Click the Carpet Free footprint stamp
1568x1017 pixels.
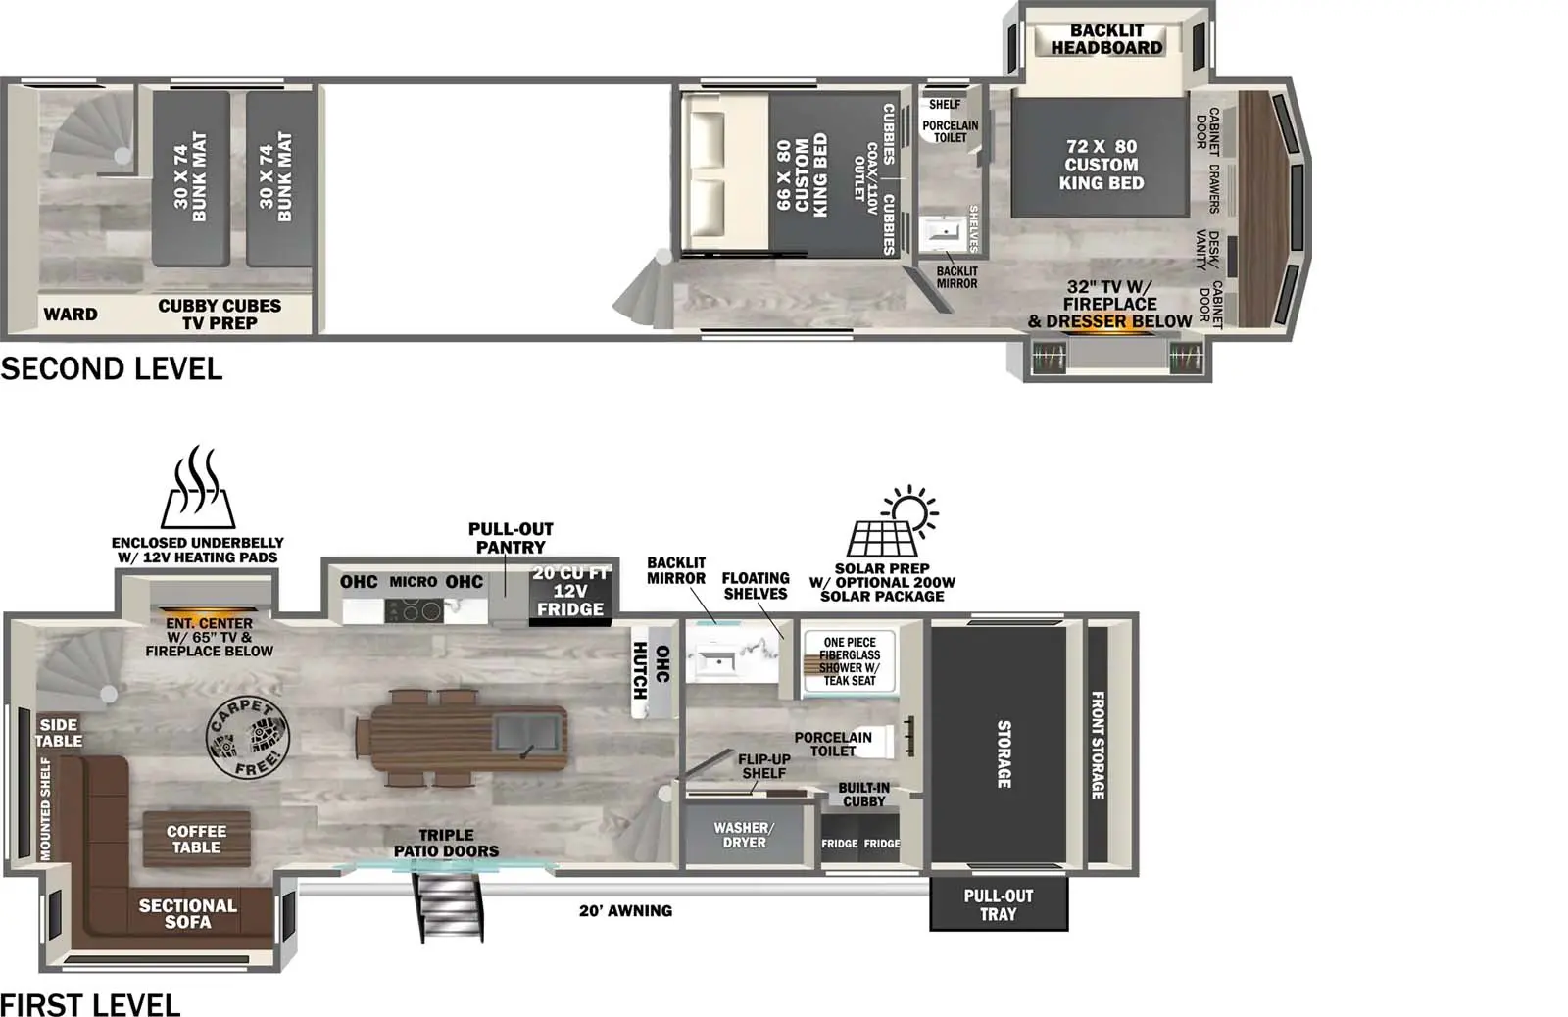pyautogui.click(x=247, y=738)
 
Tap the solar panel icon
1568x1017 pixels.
pyautogui.click(x=893, y=521)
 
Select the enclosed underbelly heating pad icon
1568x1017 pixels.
pyautogui.click(x=198, y=487)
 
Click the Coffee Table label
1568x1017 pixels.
pyautogui.click(x=196, y=840)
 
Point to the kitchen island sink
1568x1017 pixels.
pyautogui.click(x=528, y=736)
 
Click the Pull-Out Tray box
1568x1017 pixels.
pyautogui.click(x=999, y=904)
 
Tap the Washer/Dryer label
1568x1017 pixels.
pyautogui.click(x=744, y=835)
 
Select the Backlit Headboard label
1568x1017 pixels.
pyautogui.click(x=1106, y=39)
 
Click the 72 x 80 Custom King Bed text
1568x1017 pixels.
pyautogui.click(x=1102, y=165)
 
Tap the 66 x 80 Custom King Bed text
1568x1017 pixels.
pyautogui.click(x=803, y=174)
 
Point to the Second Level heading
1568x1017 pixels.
pyautogui.click(x=112, y=368)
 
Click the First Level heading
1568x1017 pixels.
pyautogui.click(x=90, y=1004)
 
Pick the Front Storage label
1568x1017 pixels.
pyautogui.click(x=1098, y=745)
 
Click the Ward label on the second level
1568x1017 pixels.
pyautogui.click(x=71, y=315)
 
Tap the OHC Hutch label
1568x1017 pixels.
pyautogui.click(x=651, y=670)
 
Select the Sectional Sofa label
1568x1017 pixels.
pyautogui.click(x=187, y=913)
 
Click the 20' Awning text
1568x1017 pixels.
pyautogui.click(x=626, y=910)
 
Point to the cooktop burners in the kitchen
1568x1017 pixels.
pyautogui.click(x=414, y=611)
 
